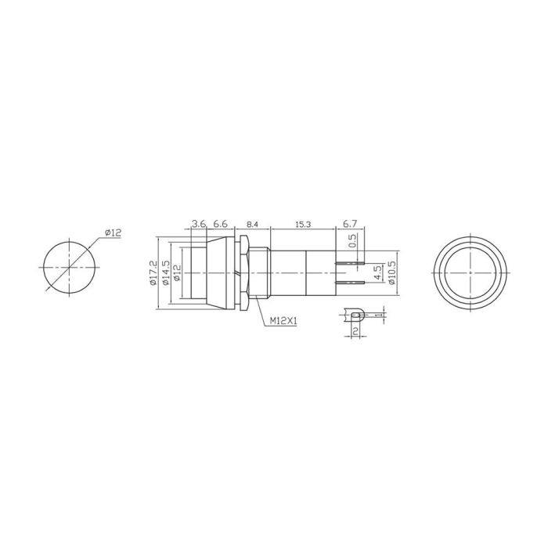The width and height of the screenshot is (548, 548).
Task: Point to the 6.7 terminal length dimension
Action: tap(350, 224)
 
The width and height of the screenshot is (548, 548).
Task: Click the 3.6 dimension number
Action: tap(199, 224)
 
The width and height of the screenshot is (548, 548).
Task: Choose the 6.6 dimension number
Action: tap(220, 224)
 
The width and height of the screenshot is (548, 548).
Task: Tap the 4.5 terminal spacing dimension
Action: tap(377, 272)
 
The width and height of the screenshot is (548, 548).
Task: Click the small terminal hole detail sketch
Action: tap(355, 315)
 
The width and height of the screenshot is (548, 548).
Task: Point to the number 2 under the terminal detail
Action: tap(355, 332)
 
